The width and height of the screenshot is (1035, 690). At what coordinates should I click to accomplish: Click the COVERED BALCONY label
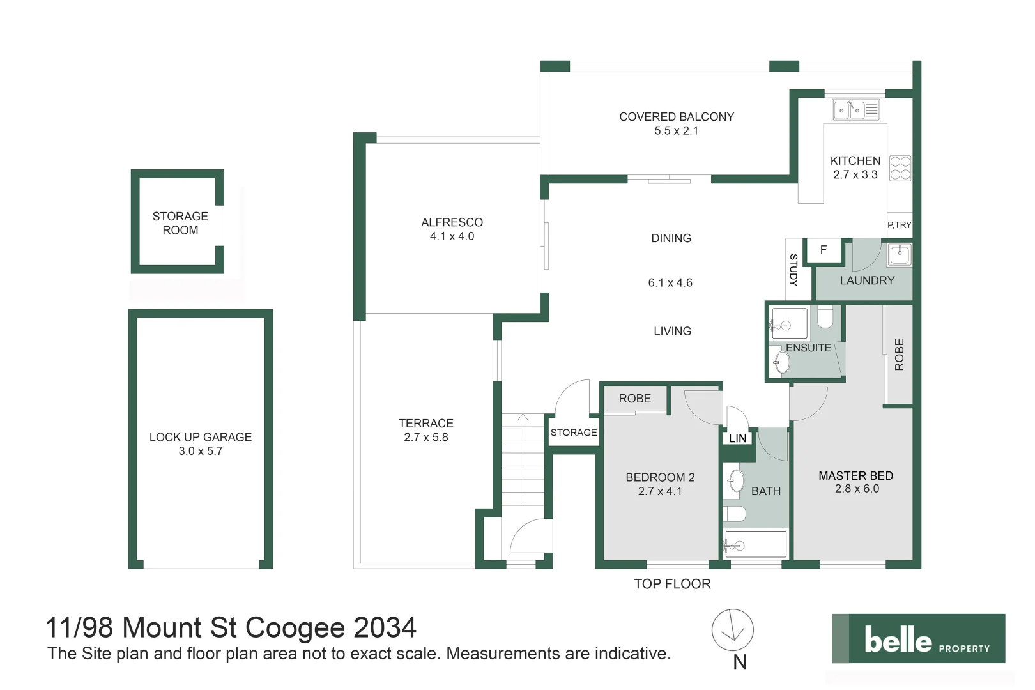click(x=676, y=117)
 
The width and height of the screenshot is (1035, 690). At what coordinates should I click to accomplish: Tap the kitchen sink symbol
click(x=856, y=110)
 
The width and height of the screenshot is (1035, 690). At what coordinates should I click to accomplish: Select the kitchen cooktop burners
click(x=900, y=168)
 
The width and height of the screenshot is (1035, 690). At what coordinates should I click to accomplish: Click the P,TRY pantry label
click(x=899, y=225)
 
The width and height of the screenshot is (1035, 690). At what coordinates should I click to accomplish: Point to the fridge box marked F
click(x=824, y=250)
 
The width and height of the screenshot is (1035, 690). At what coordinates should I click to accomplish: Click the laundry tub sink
click(x=900, y=254)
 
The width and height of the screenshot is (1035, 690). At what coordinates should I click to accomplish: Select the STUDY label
click(x=793, y=270)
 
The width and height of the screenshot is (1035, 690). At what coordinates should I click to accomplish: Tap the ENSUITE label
click(x=808, y=348)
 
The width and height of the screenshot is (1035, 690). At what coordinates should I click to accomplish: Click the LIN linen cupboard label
click(x=737, y=438)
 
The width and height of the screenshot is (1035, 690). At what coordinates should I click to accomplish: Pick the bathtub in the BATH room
click(x=755, y=544)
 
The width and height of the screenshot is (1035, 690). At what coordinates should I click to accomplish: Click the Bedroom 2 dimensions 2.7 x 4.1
click(x=660, y=491)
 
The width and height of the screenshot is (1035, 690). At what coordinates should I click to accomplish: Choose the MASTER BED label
click(x=855, y=476)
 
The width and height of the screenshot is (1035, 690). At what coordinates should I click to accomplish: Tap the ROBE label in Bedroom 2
click(x=634, y=399)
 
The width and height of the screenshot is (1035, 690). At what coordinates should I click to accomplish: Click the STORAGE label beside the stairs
click(x=574, y=433)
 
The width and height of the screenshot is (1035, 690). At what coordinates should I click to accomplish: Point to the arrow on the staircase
click(x=523, y=419)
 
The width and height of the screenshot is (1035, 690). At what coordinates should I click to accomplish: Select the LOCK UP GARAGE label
click(x=201, y=437)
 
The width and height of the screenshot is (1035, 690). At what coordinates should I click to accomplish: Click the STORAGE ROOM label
click(x=180, y=223)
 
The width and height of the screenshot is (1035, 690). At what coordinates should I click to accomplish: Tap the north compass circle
click(x=733, y=630)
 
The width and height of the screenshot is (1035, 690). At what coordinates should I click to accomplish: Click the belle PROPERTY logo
click(x=918, y=639)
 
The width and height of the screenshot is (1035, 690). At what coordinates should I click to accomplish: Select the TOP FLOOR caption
click(x=672, y=584)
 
